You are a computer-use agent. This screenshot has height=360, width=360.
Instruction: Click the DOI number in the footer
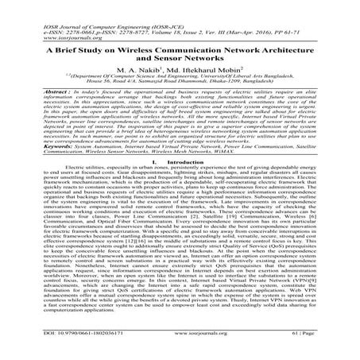75,351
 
